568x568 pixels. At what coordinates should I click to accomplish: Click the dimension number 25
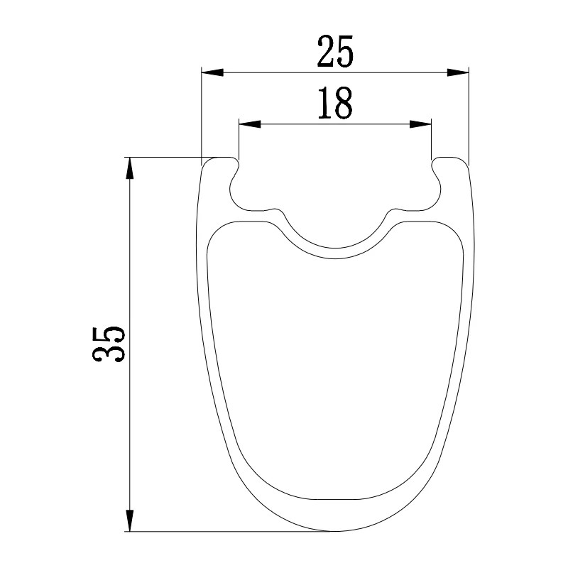335,52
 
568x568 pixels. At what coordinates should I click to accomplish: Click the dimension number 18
335,103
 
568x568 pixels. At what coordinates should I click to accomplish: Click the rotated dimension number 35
109,344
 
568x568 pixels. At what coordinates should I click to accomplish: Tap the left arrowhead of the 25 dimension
212,72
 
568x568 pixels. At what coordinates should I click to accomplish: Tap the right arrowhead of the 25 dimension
458,72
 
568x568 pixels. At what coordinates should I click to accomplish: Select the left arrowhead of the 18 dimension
250,124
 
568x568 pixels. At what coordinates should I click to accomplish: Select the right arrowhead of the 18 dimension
420,124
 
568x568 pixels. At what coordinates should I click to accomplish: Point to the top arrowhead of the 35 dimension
130,168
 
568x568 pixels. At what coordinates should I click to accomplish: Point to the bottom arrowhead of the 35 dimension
130,520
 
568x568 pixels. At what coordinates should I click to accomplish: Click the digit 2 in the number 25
326,52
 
